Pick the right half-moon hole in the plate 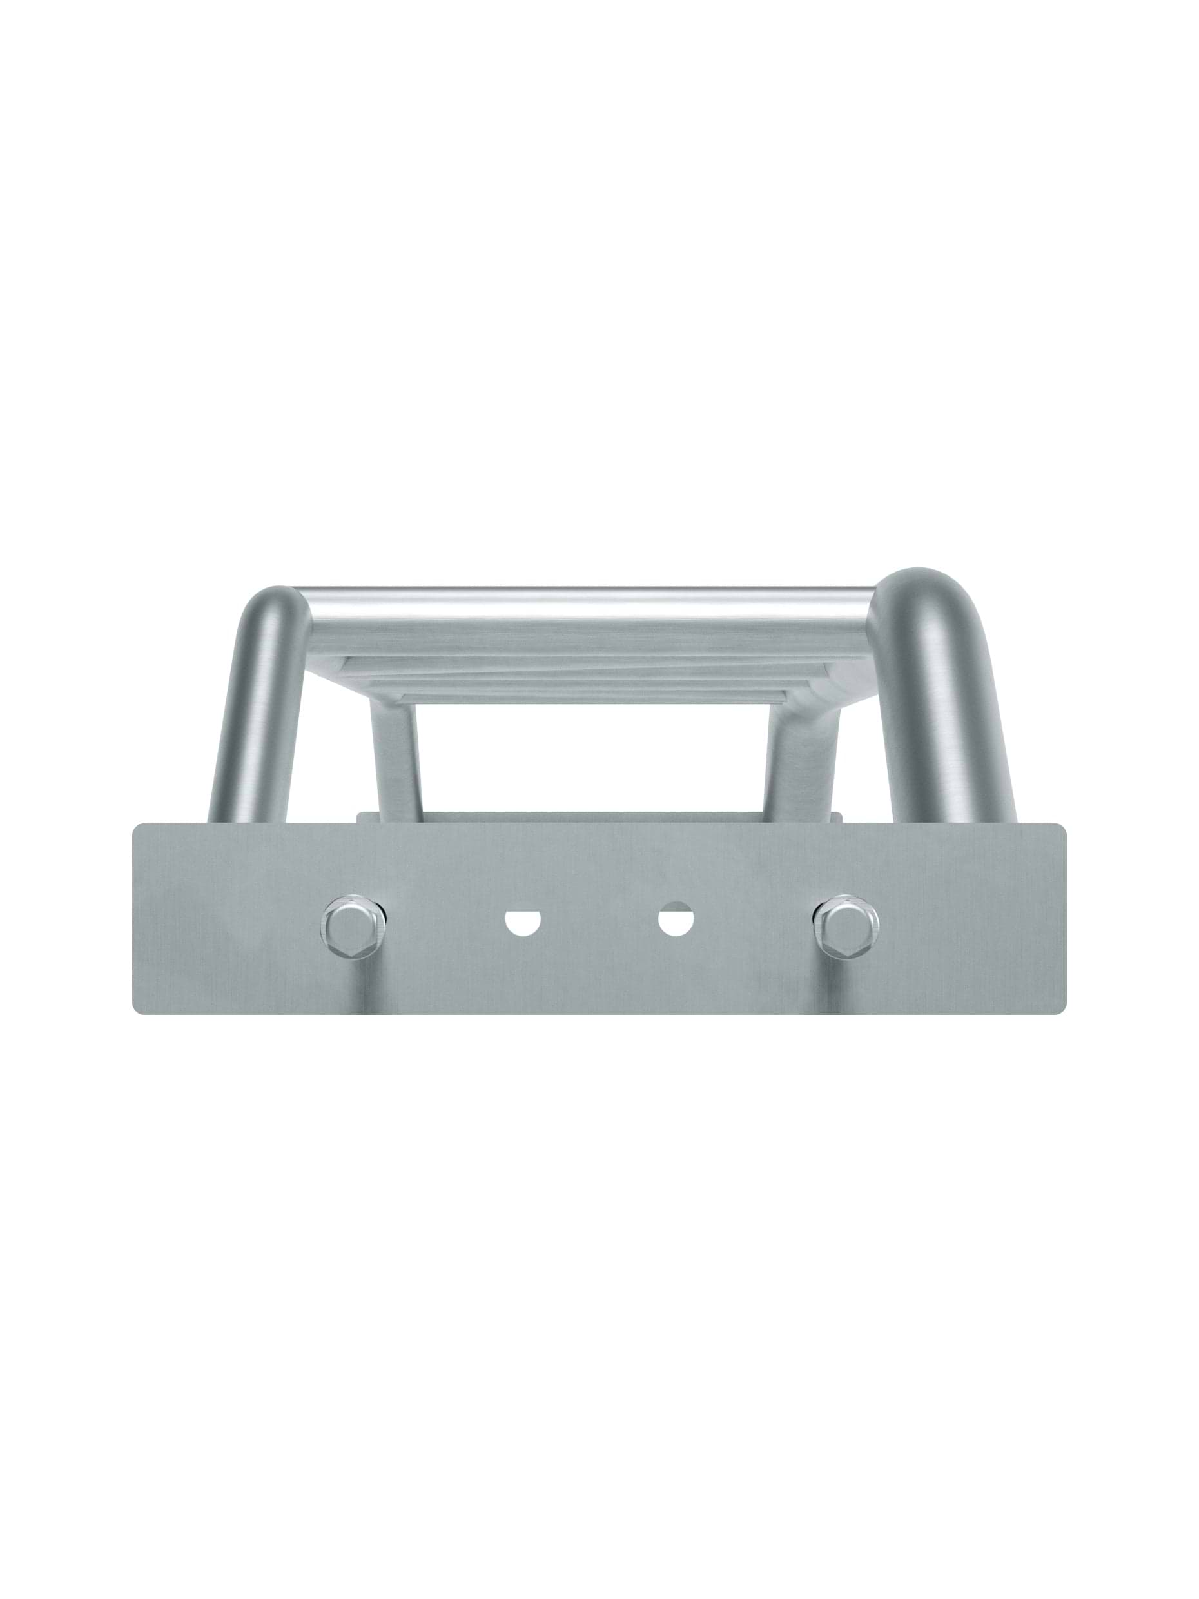click(676, 920)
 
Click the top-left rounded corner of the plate click(137, 829)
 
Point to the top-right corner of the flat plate click(1060, 829)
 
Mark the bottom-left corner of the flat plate click(137, 1008)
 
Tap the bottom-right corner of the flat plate click(1060, 1008)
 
